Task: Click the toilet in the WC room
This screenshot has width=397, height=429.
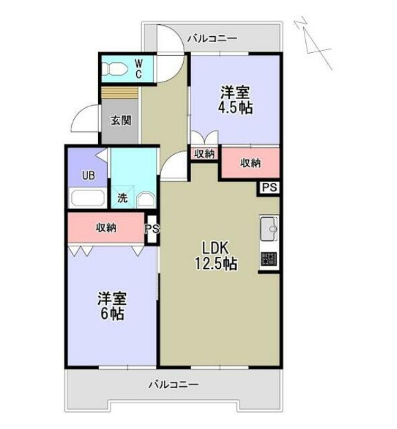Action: point(116,68)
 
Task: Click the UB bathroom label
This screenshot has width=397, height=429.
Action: point(88,175)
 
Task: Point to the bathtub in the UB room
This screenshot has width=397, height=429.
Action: point(88,198)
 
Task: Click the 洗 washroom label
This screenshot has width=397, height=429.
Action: point(122,198)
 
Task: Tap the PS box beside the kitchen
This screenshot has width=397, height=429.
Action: point(269,187)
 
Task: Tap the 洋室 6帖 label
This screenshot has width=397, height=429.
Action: point(111,306)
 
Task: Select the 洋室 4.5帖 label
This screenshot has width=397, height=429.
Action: point(235,100)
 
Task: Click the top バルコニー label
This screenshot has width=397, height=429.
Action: point(212,39)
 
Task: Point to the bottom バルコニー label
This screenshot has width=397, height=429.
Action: point(173,384)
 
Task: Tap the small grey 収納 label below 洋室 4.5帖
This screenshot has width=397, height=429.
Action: point(204,154)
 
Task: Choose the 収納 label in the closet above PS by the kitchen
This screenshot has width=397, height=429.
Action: point(250,163)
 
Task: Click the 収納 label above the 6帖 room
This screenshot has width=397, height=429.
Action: point(106,228)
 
